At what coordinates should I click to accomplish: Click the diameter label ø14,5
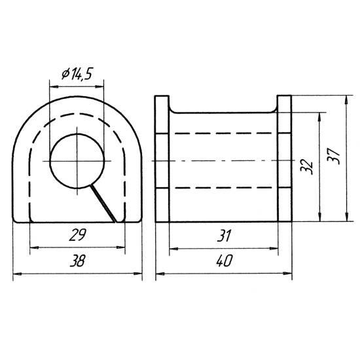[77, 74]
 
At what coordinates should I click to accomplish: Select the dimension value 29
[78, 235]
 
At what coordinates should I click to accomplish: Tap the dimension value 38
[78, 261]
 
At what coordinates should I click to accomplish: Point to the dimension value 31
[224, 236]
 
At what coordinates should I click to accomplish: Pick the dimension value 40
[225, 261]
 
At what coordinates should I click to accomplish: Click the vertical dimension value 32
[306, 167]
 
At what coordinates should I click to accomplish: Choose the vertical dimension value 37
[333, 156]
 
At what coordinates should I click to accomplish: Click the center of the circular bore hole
[77, 161]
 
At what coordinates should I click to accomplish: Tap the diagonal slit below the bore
[103, 204]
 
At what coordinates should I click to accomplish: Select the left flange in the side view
[162, 159]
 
